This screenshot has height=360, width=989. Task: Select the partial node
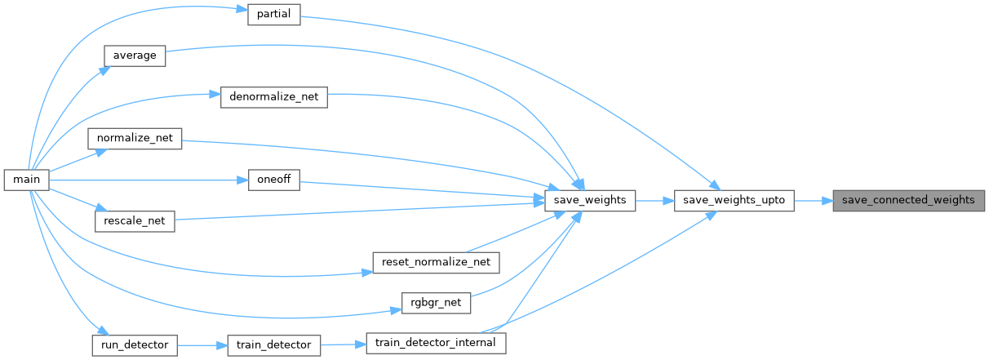(x=274, y=15)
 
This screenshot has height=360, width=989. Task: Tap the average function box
(x=135, y=56)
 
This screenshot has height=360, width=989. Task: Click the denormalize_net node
(x=274, y=97)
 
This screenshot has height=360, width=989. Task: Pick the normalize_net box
(x=135, y=138)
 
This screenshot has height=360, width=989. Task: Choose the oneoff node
(x=274, y=180)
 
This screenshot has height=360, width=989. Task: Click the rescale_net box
(x=135, y=221)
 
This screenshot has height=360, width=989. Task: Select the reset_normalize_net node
(x=435, y=262)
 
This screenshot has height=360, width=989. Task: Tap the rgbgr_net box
(x=437, y=303)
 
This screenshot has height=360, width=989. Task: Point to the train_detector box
(x=274, y=344)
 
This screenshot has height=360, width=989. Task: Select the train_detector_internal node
(x=435, y=343)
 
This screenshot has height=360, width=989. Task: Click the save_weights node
(x=589, y=200)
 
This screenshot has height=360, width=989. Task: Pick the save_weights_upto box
(x=734, y=200)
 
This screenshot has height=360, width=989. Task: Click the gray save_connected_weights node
(x=908, y=200)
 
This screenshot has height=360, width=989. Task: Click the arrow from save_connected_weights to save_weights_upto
(x=813, y=200)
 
